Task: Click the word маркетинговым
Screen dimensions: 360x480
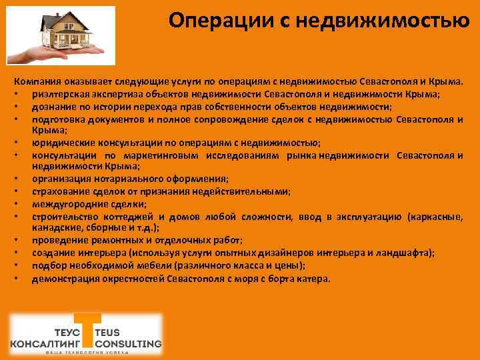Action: tap(143, 155)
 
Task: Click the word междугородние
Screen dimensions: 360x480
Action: tap(67, 204)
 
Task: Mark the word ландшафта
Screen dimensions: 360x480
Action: tap(405, 253)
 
